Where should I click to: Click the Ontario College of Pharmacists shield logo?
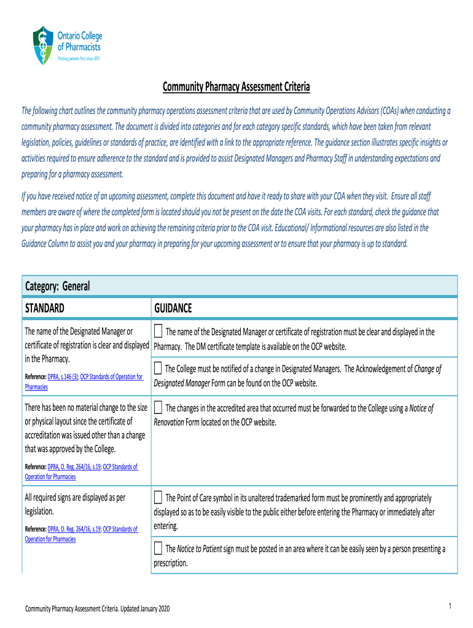click(42, 45)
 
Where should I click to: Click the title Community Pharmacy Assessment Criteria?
click(236, 87)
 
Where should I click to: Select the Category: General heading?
click(57, 286)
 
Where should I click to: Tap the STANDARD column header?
click(44, 307)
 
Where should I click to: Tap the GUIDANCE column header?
click(173, 307)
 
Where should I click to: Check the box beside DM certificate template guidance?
click(158, 332)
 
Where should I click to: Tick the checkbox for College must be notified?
click(158, 369)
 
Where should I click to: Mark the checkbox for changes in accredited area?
click(158, 408)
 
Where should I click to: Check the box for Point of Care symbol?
click(158, 497)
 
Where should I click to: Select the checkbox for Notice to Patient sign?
click(158, 548)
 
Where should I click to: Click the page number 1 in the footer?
click(450, 607)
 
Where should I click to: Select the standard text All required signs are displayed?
click(74, 498)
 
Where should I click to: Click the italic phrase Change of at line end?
click(428, 369)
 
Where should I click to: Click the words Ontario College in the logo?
click(80, 36)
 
